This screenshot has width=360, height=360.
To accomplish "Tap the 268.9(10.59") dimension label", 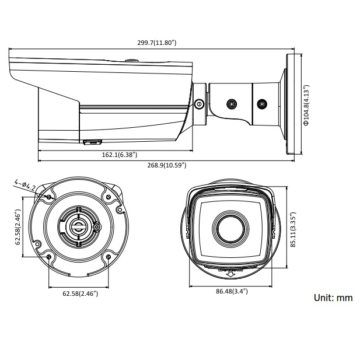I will pos(166,166).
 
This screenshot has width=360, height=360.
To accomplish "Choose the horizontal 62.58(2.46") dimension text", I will pos(80,293).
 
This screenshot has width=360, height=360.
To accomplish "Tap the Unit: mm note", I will pos(333,298).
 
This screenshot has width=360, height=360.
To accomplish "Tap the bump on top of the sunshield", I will pos(131,59).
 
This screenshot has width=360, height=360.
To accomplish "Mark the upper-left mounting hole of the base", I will pos(49,198).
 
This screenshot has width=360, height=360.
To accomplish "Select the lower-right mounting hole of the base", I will pos(109,257).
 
